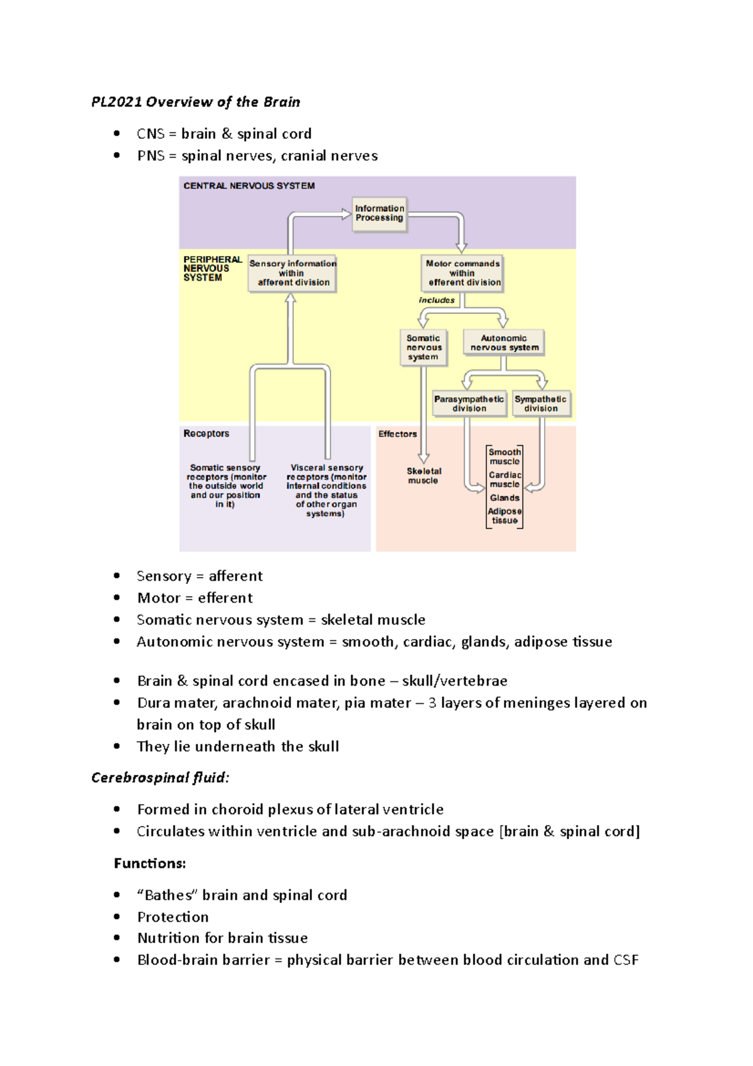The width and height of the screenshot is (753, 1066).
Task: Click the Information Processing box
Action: coord(379,213)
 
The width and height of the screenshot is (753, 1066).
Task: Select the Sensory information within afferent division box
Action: coord(292,273)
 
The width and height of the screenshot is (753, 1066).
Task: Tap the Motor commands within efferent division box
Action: coord(463,273)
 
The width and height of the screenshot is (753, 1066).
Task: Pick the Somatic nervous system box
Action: coord(424,348)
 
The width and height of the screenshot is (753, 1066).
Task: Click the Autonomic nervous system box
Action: coord(504,343)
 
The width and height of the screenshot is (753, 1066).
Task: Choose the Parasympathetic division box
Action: coord(469,404)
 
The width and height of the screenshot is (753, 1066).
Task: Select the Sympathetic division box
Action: coord(541,404)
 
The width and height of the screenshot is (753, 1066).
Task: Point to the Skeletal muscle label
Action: coord(424,476)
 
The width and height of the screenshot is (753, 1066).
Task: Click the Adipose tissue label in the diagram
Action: coord(505,516)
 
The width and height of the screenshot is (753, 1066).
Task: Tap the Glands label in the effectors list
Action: coord(505,498)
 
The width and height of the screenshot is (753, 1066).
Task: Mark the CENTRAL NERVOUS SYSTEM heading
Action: coord(249,186)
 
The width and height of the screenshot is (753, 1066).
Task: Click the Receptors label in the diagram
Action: coord(206,434)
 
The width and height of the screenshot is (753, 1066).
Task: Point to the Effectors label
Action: coord(397,434)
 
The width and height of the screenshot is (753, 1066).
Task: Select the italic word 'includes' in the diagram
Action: coord(437,300)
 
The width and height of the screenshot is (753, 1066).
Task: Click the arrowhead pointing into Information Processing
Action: coord(346,214)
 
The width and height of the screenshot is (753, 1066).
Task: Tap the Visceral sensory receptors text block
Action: coord(326,490)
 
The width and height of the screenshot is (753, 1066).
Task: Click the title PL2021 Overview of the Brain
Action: coord(196,102)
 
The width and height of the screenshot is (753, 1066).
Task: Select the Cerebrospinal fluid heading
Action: coord(160,778)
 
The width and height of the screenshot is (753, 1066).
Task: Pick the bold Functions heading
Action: coord(150,863)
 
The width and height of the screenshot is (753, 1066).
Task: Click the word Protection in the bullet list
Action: coord(173,917)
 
